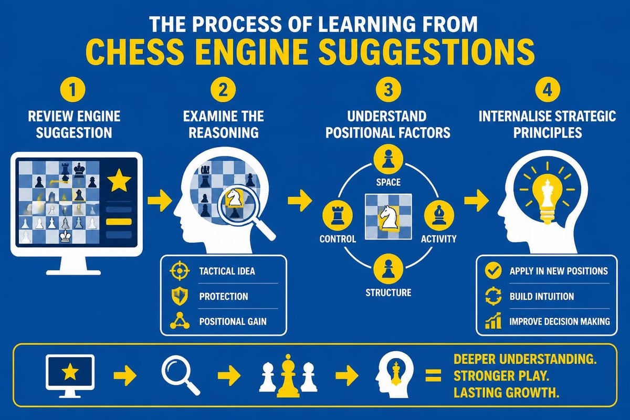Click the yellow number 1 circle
click(72, 90)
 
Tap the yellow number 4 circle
click(548, 90)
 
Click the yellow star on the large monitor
click(119, 180)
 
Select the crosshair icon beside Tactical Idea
click(179, 270)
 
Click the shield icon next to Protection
click(179, 296)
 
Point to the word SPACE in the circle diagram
click(388, 182)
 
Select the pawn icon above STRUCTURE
click(388, 268)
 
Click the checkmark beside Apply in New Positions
click(493, 270)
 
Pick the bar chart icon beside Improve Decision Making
click(493, 321)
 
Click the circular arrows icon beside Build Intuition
click(493, 296)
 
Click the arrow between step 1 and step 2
click(160, 201)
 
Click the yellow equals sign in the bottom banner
click(434, 375)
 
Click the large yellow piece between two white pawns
click(288, 376)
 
